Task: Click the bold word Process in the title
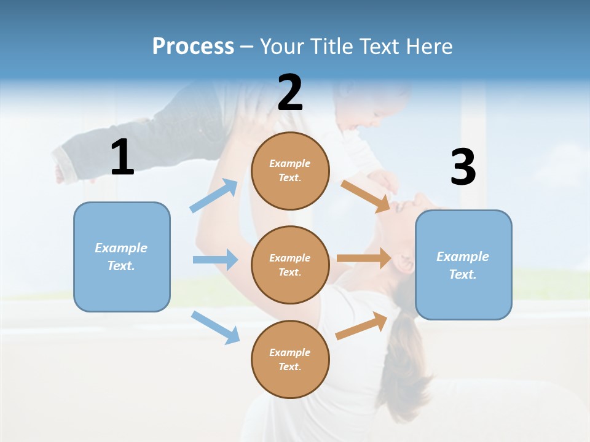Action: click(193, 47)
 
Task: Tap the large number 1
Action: click(122, 157)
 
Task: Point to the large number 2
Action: click(290, 93)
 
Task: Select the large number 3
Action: click(463, 167)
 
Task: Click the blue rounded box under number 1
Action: click(122, 257)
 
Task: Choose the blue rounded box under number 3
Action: click(463, 265)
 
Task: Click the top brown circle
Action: click(290, 171)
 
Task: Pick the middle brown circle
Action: click(290, 265)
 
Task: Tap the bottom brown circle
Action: click(290, 359)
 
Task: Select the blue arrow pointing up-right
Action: click(214, 196)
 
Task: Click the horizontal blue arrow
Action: click(215, 260)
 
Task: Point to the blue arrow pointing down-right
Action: click(216, 327)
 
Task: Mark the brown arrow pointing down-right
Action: click(366, 196)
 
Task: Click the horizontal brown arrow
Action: click(364, 258)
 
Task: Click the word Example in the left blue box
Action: click(121, 248)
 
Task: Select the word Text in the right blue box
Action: click(463, 274)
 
